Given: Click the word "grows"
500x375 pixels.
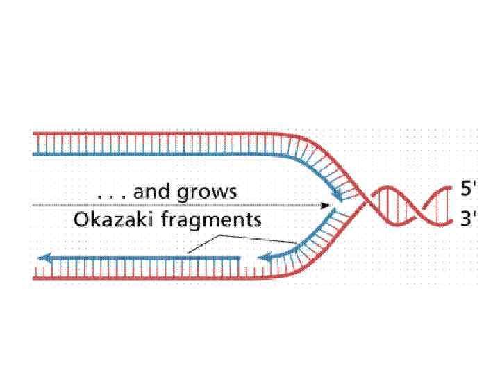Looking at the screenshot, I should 208,192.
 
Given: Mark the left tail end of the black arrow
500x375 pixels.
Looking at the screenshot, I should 33,206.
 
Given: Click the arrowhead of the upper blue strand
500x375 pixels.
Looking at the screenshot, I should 338,198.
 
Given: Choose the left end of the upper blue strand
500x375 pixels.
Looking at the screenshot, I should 33,153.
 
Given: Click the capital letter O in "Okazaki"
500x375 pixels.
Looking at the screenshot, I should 81,221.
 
